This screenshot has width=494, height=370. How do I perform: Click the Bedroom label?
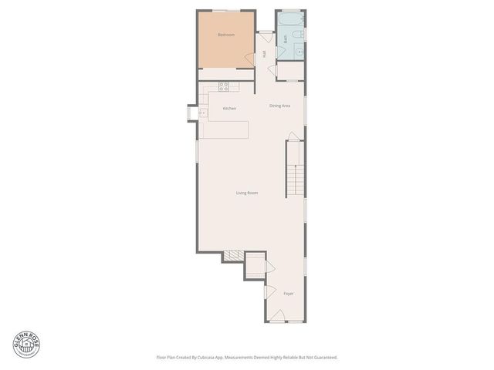click(225, 35)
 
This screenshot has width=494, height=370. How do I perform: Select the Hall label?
click(264, 53)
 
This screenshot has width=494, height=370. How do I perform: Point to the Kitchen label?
click(229, 109)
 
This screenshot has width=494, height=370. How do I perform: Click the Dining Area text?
click(279, 106)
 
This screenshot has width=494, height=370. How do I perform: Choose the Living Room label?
click(246, 192)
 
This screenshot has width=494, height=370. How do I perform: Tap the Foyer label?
click(288, 293)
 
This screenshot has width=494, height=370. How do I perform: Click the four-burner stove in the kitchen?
click(223, 86)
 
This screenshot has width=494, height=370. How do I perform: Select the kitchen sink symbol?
click(203, 113)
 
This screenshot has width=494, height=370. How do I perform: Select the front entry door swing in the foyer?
click(276, 316)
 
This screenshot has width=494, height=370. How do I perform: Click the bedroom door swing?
click(250, 59)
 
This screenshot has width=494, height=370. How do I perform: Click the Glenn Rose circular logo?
click(25, 344)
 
